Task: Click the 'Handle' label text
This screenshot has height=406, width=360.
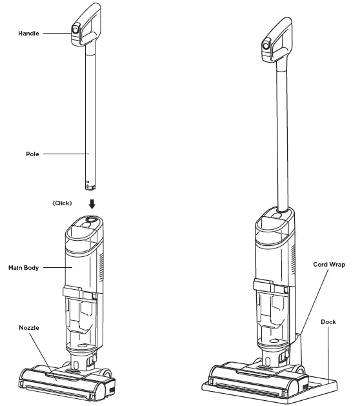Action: click(28, 32)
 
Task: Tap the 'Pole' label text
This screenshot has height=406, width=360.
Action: click(33, 154)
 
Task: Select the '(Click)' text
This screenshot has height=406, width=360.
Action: click(62, 203)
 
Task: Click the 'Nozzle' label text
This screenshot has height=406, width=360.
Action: click(28, 328)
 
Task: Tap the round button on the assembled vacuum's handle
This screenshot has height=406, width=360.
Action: click(265, 45)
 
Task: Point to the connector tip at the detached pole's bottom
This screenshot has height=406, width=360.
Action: click(91, 185)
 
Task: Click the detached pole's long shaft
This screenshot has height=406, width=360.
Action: click(88, 116)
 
